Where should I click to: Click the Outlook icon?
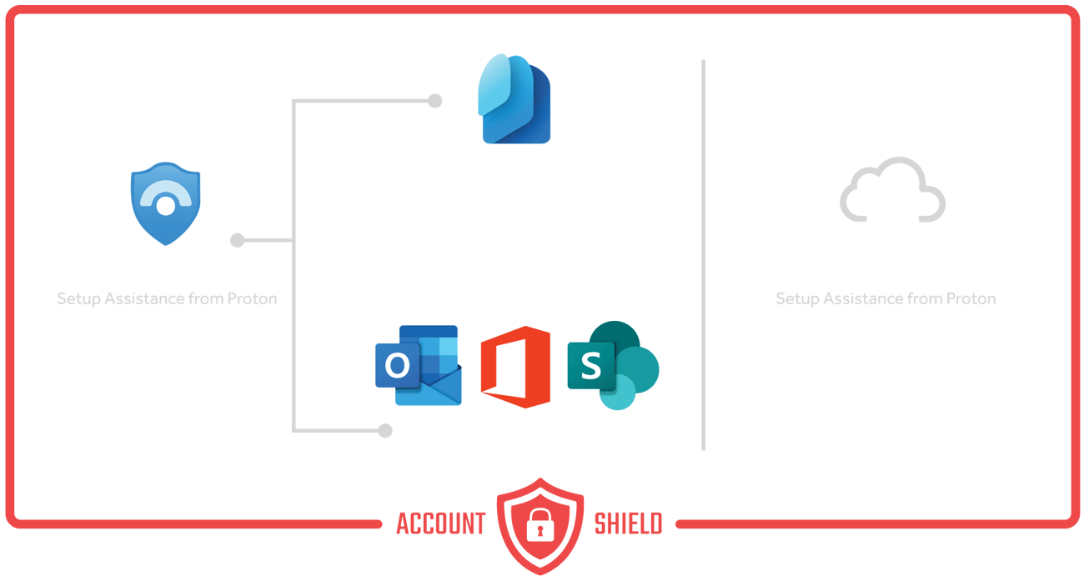pos(416,363)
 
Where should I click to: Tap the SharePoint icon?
pos(612,364)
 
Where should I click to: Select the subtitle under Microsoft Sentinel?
pos(167,298)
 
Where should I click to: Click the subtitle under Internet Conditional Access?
pos(885,298)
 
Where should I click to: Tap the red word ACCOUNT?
pos(440,523)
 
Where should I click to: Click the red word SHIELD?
pos(628,523)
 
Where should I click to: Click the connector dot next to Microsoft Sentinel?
pos(237,241)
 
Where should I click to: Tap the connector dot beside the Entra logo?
pos(434,101)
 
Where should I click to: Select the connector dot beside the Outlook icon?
pos(384,431)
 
